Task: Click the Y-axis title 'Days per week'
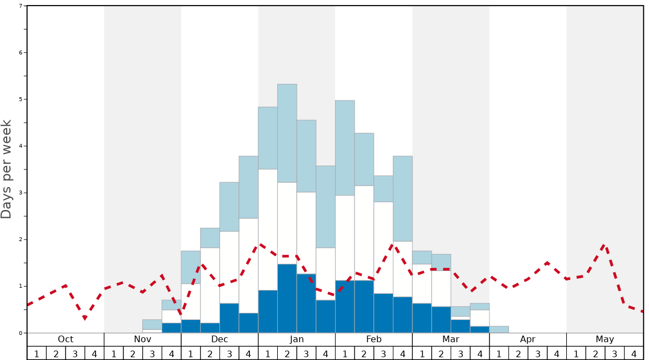tap(7, 169)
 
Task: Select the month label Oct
tap(66, 339)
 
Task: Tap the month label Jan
tap(297, 339)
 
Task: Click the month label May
tap(605, 339)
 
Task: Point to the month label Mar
tap(451, 339)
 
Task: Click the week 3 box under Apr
tap(537, 353)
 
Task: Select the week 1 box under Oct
tap(37, 353)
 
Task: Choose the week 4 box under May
tap(634, 353)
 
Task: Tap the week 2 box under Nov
tap(133, 353)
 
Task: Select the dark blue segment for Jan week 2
tap(287, 298)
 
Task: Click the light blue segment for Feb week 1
tap(345, 148)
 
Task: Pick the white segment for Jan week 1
tap(268, 229)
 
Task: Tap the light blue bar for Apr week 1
tap(499, 329)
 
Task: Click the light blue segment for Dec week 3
tap(229, 207)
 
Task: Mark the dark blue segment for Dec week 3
tap(229, 318)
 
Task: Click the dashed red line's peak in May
tap(605, 244)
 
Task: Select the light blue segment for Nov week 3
tap(152, 324)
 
